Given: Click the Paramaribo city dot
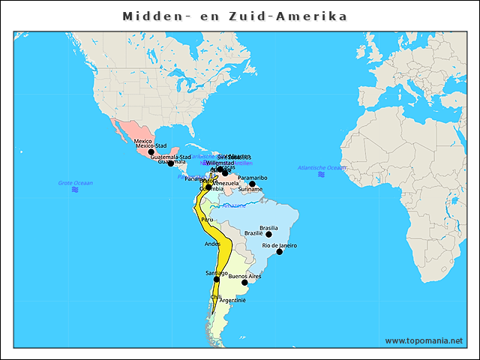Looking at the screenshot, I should (x=253, y=184).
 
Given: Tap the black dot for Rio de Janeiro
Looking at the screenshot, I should (x=280, y=251).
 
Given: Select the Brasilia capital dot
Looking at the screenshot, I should (x=268, y=234).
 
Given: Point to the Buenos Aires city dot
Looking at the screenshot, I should (x=244, y=283).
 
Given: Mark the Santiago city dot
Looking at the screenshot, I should (x=217, y=279).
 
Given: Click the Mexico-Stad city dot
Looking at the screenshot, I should (x=151, y=151).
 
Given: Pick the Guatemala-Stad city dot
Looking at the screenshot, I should (x=171, y=163).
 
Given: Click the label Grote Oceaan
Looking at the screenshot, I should (x=75, y=183).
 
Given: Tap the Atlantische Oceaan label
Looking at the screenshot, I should (x=322, y=167).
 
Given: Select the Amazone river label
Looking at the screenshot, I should (x=234, y=205).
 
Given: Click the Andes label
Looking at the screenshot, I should (x=212, y=244).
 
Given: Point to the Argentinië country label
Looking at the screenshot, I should (x=232, y=300).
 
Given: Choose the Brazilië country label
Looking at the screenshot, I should (x=254, y=233).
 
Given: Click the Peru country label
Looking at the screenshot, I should (x=208, y=219).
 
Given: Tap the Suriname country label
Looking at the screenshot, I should (x=250, y=190).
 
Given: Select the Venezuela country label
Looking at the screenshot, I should (x=226, y=183).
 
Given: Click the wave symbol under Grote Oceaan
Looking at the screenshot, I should (x=75, y=190).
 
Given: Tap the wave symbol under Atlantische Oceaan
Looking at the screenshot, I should (x=322, y=174).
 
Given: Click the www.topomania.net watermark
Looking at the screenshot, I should (x=424, y=340).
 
